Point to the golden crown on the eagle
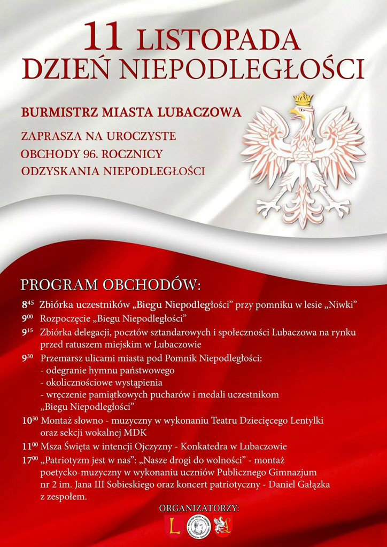point(304,99)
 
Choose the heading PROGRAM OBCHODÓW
point(111,284)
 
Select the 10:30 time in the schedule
point(30,420)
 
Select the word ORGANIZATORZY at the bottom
point(199,508)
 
